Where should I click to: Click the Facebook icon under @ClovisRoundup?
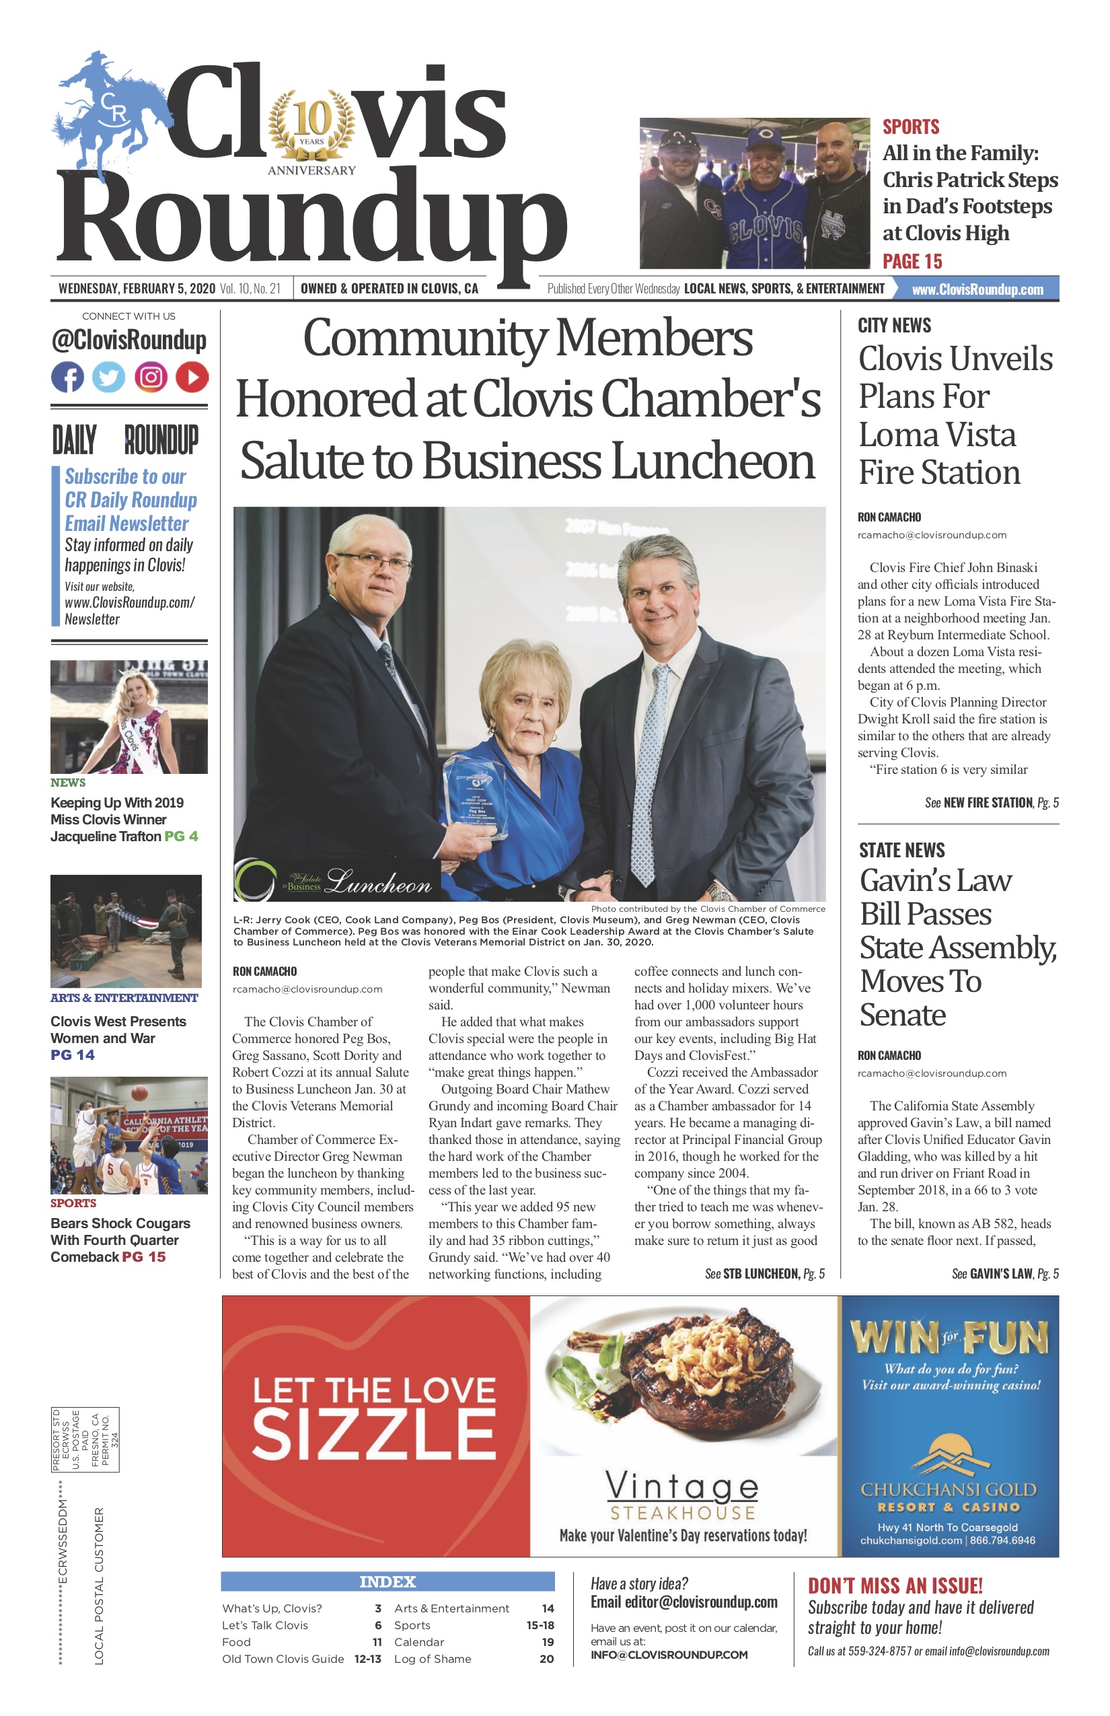tap(68, 377)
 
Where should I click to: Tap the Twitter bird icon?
tap(109, 377)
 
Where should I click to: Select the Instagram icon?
tap(151, 377)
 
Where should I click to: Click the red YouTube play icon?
tap(192, 377)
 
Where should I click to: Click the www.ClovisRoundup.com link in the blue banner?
tap(977, 289)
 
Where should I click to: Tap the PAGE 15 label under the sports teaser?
tap(912, 261)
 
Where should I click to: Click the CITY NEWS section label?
tap(894, 325)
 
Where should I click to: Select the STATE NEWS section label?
tap(901, 850)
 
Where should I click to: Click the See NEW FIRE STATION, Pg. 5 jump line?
tap(991, 802)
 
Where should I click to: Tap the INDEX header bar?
tap(387, 1581)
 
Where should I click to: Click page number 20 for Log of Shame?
tap(546, 1658)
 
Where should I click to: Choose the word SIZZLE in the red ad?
tap(373, 1435)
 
